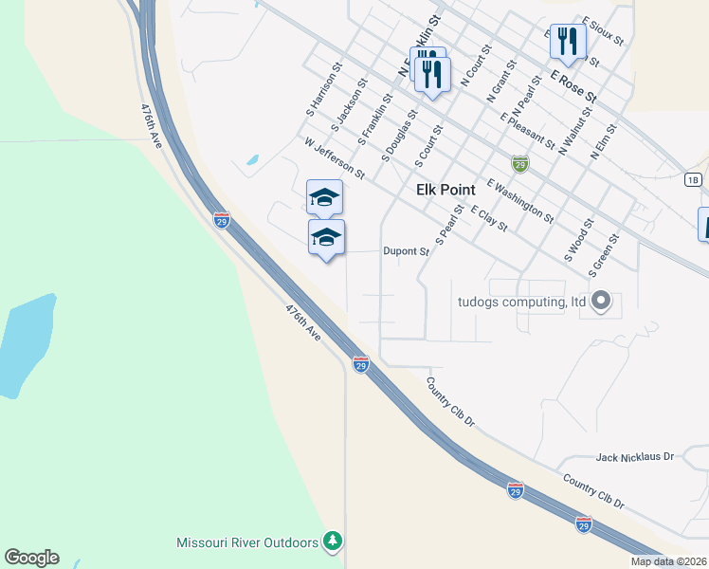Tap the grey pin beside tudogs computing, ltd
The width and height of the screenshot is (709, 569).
coord(599,303)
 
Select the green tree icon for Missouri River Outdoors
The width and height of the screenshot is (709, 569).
coord(332,541)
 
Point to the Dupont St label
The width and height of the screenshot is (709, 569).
coord(407,251)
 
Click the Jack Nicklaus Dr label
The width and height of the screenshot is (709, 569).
coord(634,457)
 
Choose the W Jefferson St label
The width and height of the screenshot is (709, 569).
coord(335,157)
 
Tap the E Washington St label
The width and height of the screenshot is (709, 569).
coord(520,200)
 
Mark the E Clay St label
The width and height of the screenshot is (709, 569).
coord(489,220)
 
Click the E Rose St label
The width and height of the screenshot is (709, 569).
coord(573,85)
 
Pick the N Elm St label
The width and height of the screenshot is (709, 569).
coord(603,141)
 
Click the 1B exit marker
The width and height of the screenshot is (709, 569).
coord(694,178)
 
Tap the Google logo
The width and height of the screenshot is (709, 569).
coord(31,558)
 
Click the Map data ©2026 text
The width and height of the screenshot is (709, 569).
coord(669,561)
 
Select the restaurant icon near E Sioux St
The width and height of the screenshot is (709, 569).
coord(567,42)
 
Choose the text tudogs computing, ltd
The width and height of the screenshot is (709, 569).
coord(518,303)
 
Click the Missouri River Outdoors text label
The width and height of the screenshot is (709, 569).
coord(247,542)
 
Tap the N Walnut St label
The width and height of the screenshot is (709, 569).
coord(574,130)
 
